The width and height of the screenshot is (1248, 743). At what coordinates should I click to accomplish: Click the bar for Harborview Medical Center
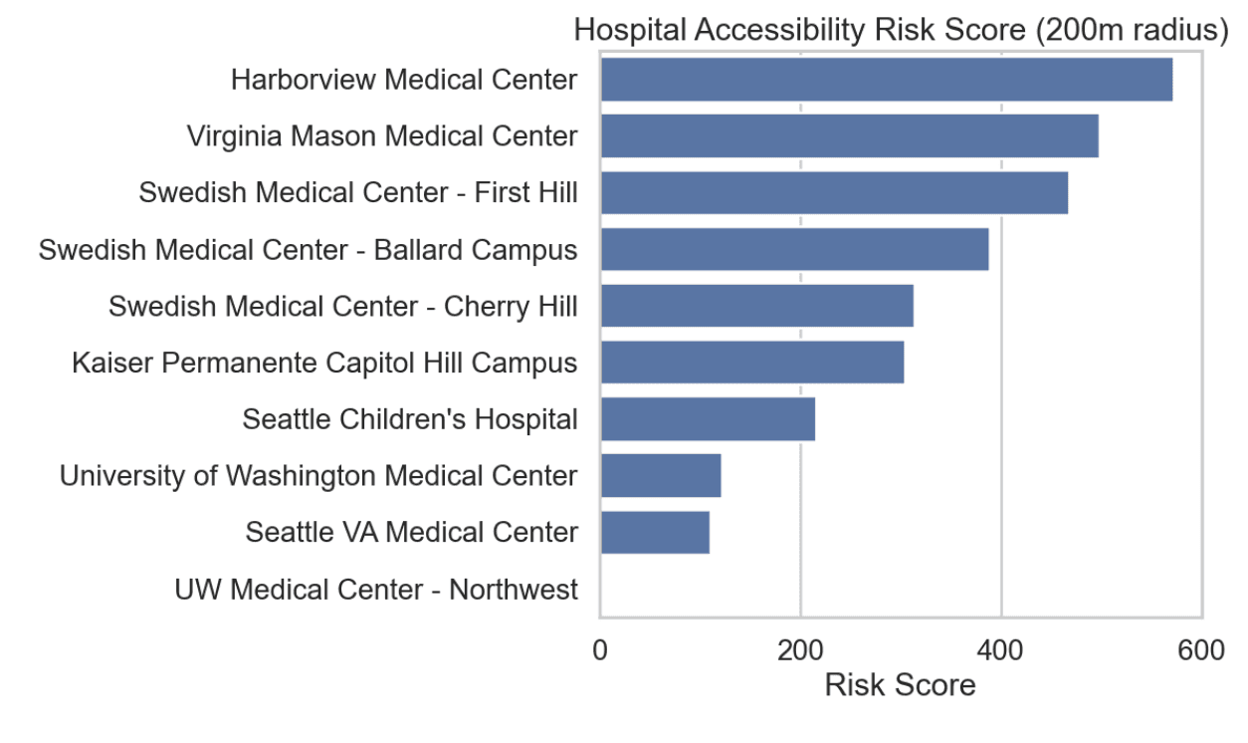(x=886, y=80)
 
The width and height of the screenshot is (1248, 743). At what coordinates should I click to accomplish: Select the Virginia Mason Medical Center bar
(x=849, y=136)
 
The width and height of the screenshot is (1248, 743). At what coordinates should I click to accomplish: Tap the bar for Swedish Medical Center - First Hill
(x=834, y=192)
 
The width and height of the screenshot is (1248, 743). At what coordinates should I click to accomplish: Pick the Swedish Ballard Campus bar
(x=794, y=249)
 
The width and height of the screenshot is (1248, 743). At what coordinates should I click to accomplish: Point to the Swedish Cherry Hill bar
(x=756, y=306)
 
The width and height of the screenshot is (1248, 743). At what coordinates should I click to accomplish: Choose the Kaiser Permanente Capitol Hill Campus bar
(x=751, y=363)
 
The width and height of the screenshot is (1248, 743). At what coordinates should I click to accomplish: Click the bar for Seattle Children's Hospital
(x=708, y=419)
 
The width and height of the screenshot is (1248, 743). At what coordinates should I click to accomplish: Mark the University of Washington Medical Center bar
(x=660, y=476)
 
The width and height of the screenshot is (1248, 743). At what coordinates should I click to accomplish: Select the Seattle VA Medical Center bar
(x=655, y=533)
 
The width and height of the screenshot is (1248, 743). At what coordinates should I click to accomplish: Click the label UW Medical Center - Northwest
(x=375, y=590)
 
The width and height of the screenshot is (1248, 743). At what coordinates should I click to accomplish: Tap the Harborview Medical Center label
(x=403, y=80)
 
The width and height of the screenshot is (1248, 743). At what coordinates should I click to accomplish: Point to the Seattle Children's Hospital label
(x=409, y=419)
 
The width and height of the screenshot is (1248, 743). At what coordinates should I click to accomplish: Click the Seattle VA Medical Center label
(x=411, y=533)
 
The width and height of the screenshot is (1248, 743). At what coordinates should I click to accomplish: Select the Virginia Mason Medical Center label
(x=381, y=136)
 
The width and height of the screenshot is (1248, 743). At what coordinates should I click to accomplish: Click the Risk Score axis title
(x=900, y=686)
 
